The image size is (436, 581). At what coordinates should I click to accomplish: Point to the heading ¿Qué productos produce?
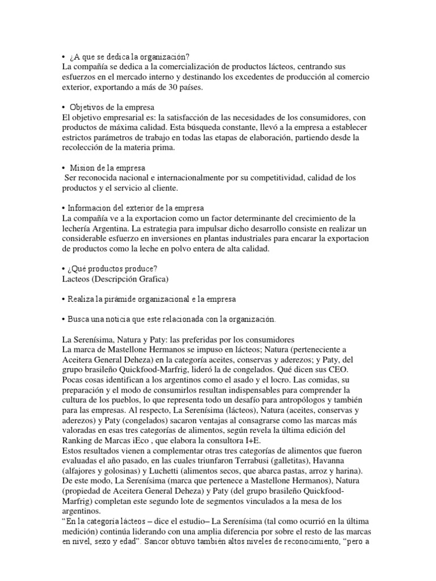(x=114, y=268)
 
